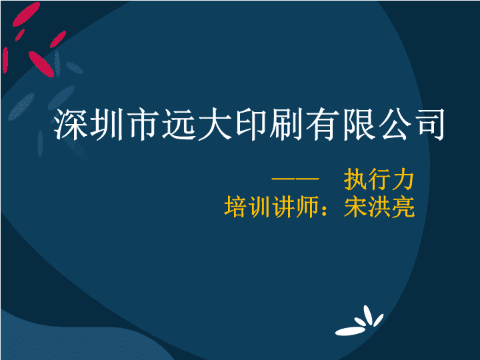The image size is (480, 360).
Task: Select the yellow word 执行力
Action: (379, 179)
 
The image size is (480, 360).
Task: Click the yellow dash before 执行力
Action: (295, 179)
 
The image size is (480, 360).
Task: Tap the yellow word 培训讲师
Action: (271, 207)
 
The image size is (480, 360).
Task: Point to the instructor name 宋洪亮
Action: (379, 207)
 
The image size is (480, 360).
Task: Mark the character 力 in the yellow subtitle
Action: (403, 179)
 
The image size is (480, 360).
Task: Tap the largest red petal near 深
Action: (41, 64)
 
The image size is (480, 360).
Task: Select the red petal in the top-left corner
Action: (26, 14)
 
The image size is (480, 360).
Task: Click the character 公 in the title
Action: (395, 124)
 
